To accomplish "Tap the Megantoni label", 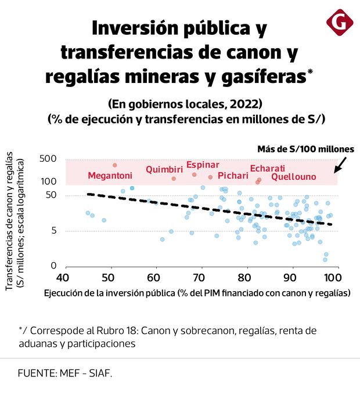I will (x=110, y=176).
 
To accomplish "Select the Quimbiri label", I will (x=160, y=169).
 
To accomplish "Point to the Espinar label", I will (x=202, y=165).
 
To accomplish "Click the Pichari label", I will (x=232, y=176).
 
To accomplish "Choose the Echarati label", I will (x=267, y=169).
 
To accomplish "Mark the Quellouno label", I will (x=293, y=176).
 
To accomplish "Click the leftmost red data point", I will (x=115, y=165).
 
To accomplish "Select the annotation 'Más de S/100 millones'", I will (x=305, y=149).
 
